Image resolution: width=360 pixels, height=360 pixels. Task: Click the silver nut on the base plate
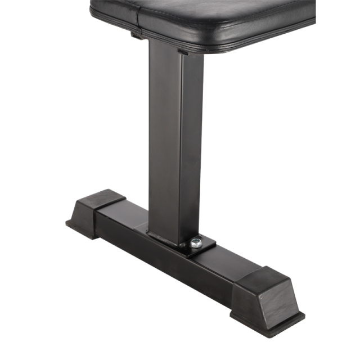(x=196, y=242)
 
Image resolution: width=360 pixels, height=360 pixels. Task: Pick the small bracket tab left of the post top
(x=137, y=35)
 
